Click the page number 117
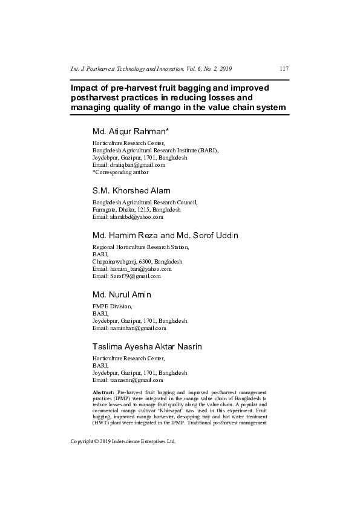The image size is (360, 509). point(284,69)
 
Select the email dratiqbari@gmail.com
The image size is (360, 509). point(128,164)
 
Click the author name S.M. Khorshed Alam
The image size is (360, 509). point(131,190)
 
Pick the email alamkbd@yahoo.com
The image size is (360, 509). point(128,216)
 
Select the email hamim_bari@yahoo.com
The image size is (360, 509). point(132,268)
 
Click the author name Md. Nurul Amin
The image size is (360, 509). point(122,294)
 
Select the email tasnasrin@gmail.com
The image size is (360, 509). point(128,380)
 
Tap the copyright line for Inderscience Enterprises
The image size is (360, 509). point(123,442)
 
